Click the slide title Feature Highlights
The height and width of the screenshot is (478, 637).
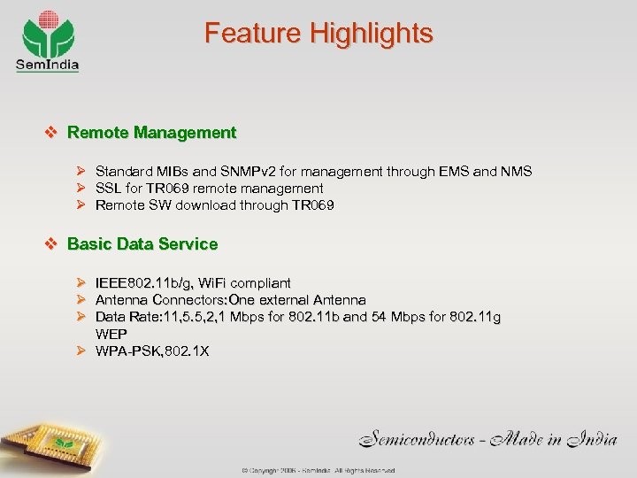point(318,34)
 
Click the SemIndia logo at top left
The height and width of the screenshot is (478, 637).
point(48,40)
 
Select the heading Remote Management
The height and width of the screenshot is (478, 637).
point(151,133)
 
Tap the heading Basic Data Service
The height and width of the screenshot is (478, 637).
point(142,243)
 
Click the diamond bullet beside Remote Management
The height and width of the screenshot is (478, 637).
point(51,133)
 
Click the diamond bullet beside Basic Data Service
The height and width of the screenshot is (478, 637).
point(51,243)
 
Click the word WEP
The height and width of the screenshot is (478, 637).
point(111,334)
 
